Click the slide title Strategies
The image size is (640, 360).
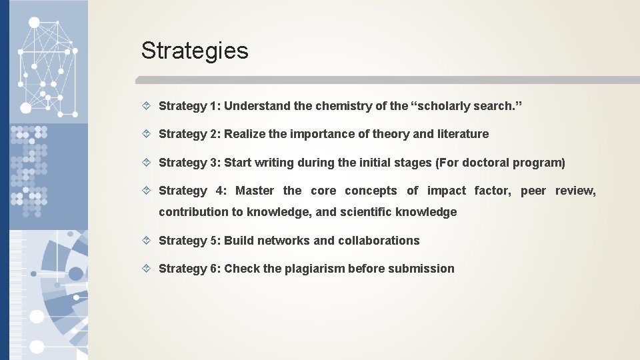click(x=195, y=51)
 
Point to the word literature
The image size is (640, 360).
click(x=463, y=134)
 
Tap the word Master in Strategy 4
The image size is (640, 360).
click(x=255, y=191)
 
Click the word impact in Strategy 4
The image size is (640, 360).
click(x=447, y=191)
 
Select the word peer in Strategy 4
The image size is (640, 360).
click(x=533, y=191)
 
